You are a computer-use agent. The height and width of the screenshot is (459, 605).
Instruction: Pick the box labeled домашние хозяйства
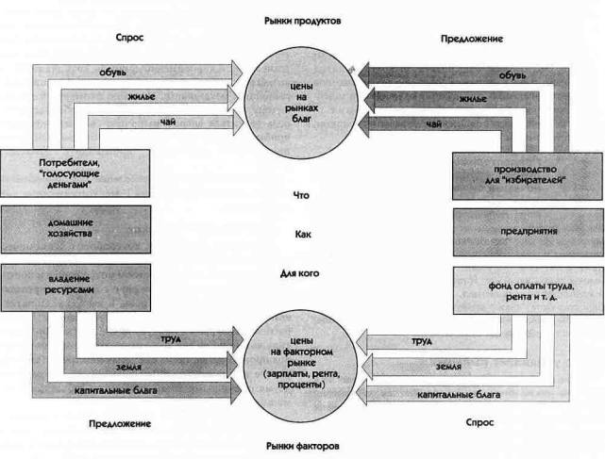[x=73, y=228]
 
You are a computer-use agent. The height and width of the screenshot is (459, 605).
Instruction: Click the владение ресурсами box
[x=73, y=286]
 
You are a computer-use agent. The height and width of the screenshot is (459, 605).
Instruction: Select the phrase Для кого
[x=303, y=274]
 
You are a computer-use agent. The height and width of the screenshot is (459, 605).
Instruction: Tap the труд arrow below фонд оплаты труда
[x=425, y=339]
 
